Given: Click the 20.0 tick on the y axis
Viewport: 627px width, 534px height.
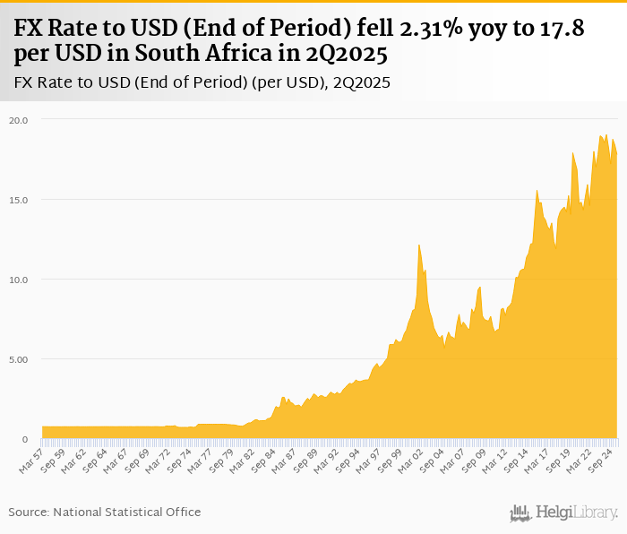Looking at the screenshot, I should click(x=20, y=119).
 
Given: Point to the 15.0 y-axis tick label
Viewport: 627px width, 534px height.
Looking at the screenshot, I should click(x=20, y=199).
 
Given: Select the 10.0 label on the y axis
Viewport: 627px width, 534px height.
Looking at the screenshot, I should click(x=20, y=280).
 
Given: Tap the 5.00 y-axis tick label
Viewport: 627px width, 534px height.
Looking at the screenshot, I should click(x=20, y=359).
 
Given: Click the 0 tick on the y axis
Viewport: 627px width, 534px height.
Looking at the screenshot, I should click(x=25, y=439).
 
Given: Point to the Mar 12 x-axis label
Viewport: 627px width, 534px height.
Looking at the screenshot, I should click(x=495, y=460).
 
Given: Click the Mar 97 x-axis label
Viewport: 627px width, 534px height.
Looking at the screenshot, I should click(x=369, y=460).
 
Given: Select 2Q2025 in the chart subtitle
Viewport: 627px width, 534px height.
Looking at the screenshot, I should click(x=365, y=83).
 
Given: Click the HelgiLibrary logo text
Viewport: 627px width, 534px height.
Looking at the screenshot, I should click(x=577, y=512).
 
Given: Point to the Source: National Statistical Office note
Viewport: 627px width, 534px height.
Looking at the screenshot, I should click(x=105, y=512).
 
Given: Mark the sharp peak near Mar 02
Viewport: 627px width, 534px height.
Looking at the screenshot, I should click(x=418, y=245).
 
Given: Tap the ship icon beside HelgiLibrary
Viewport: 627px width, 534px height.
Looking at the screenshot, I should click(x=520, y=512).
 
